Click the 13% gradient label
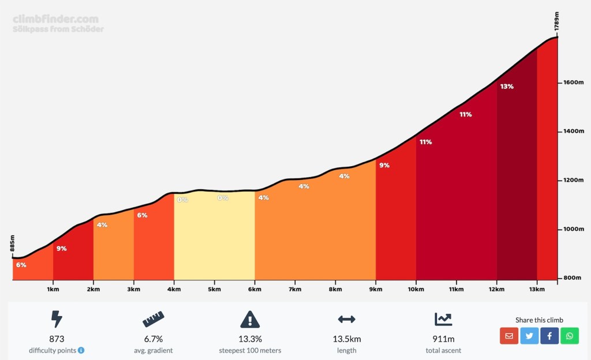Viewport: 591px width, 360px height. coord(507,87)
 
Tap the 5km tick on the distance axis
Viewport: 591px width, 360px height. coord(214,289)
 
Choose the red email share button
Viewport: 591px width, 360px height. coord(509,336)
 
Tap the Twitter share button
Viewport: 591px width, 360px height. coord(529,336)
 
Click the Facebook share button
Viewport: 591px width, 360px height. coord(549,336)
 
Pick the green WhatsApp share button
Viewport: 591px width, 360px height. coord(570,336)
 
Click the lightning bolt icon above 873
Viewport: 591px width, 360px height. coord(57,319)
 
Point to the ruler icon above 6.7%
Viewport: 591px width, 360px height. coord(153,319)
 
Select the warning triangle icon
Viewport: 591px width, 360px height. coord(250,319)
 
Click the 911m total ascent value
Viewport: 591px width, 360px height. coord(444,339)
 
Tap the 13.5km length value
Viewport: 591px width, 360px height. coord(346,339)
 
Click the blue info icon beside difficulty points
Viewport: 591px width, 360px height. coord(81,350)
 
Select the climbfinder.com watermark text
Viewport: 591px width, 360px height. coord(55,19)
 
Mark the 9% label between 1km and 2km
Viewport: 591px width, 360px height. coord(61,249)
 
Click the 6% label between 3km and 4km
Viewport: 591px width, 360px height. coord(142,215)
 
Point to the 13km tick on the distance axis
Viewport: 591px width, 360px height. coord(537,289)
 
